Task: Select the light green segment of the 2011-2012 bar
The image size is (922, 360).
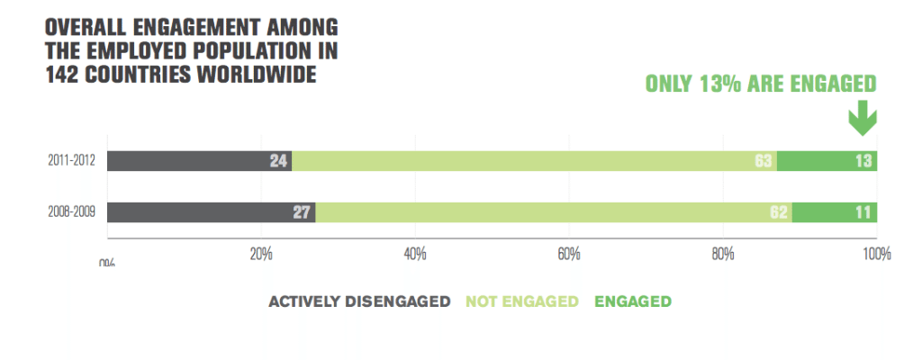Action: pyautogui.click(x=531, y=161)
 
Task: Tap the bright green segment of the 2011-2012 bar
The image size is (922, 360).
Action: pyautogui.click(x=827, y=161)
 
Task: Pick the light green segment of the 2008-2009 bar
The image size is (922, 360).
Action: pyautogui.click(x=549, y=213)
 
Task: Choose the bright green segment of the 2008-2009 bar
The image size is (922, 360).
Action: pyautogui.click(x=834, y=213)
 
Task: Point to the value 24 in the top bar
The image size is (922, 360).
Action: pyautogui.click(x=278, y=161)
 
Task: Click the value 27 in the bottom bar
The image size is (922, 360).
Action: pyautogui.click(x=302, y=213)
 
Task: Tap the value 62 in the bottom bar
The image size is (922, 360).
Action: pyautogui.click(x=779, y=213)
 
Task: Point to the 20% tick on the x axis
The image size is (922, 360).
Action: pyautogui.click(x=261, y=254)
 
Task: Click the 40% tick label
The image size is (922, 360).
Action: pyautogui.click(x=415, y=254)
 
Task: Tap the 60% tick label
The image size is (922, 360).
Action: pyautogui.click(x=568, y=254)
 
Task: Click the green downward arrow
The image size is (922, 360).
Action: pyautogui.click(x=862, y=118)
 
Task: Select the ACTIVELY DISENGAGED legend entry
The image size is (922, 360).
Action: pyautogui.click(x=359, y=301)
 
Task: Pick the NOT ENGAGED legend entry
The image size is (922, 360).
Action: pyautogui.click(x=522, y=301)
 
